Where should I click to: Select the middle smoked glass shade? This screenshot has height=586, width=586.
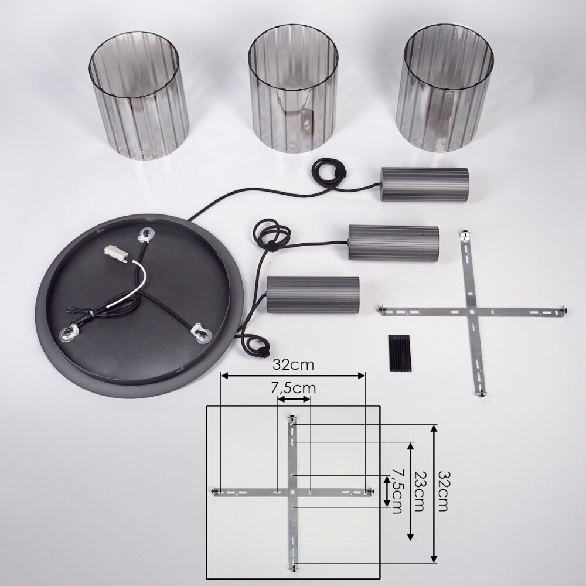[x=294, y=88]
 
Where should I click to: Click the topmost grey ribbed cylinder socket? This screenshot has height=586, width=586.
[x=424, y=185]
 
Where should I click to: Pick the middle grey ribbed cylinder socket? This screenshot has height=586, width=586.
[x=394, y=243]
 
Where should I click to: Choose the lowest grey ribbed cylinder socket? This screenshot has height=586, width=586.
[x=313, y=295]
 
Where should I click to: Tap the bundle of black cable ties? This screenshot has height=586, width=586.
[x=400, y=353]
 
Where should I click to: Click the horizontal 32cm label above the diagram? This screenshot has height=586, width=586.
[x=293, y=364]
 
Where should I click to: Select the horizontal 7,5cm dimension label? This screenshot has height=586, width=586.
[x=294, y=389]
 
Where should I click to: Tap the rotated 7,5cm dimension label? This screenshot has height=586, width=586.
[x=396, y=490]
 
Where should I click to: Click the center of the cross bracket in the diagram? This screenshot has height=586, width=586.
[x=292, y=493]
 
